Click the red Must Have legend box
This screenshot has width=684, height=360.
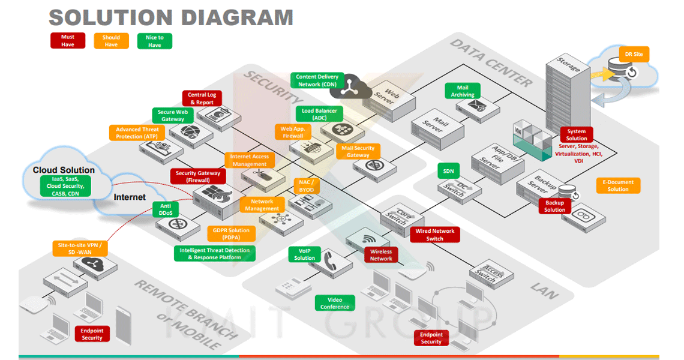tap(68, 41)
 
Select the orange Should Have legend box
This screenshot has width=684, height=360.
tap(111, 41)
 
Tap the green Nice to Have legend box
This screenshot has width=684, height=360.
tap(154, 41)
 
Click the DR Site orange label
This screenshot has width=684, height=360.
tap(634, 55)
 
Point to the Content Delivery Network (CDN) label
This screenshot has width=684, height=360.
tap(317, 80)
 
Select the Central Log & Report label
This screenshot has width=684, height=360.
tap(202, 98)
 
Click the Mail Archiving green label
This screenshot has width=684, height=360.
tap(462, 91)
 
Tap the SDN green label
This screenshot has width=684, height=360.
tap(448, 171)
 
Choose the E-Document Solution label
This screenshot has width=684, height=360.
tap(618, 185)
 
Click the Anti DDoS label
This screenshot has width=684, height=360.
tap(166, 209)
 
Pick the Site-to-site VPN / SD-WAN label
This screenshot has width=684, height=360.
tap(80, 248)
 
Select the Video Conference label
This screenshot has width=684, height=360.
tap(335, 303)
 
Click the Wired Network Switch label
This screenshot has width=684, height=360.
tap(434, 235)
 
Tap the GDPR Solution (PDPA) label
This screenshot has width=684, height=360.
tap(231, 234)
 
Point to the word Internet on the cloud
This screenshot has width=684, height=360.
tap(130, 197)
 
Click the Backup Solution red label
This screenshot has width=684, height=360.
tap(554, 206)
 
